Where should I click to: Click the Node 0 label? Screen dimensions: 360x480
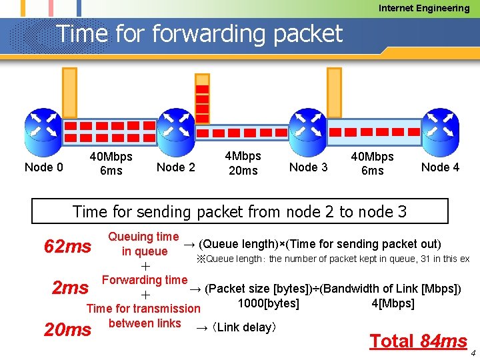coord(43,167)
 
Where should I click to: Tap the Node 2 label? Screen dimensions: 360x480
coord(175,167)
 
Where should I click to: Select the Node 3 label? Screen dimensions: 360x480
coord(308,167)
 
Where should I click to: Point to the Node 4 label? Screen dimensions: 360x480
coord(440,167)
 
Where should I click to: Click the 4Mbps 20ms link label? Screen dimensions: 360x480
coord(243,163)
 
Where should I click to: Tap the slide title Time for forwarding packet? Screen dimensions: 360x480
coord(199,33)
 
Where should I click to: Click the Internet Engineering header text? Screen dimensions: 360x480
coord(424,8)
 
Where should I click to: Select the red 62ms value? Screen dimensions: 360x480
coord(67,247)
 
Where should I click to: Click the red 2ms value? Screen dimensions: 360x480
coord(70,288)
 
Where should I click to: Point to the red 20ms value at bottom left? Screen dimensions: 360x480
coord(67,329)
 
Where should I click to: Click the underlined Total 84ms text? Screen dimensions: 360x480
coord(418,341)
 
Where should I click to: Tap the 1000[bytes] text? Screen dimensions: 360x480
coord(269,304)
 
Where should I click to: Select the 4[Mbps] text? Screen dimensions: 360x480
coord(393,304)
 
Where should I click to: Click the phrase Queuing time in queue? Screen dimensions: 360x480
coord(143,244)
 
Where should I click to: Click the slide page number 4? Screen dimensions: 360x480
coord(473,353)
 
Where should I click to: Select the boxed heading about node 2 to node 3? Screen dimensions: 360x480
coord(239,211)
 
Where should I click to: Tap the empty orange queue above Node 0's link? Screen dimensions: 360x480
coord(69,94)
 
